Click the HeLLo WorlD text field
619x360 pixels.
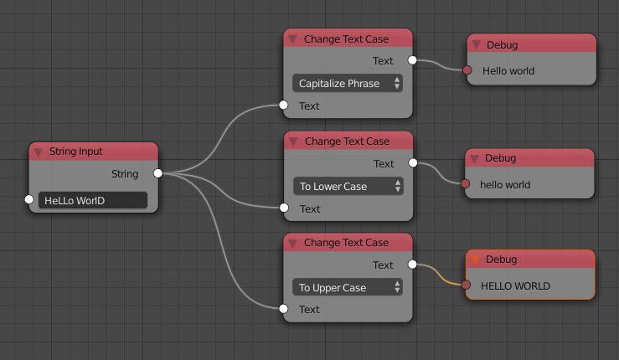click(x=93, y=200)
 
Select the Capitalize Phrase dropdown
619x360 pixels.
click(x=348, y=83)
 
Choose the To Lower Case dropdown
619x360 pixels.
click(x=348, y=186)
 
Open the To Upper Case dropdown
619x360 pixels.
click(x=348, y=287)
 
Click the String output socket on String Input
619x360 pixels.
click(x=158, y=173)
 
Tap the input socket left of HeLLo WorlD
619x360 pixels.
click(x=28, y=199)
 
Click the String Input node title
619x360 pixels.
click(x=75, y=152)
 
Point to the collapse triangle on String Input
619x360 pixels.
click(x=38, y=152)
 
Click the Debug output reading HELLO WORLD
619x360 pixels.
click(x=515, y=285)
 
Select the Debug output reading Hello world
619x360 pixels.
click(x=508, y=71)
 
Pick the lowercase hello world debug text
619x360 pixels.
click(x=505, y=184)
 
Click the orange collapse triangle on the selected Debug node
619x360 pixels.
click(x=475, y=260)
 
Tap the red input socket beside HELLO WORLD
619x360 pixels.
click(x=466, y=285)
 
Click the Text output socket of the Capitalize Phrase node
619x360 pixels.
click(x=412, y=60)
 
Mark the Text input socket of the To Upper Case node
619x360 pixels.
click(x=283, y=309)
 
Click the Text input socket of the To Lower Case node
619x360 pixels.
click(x=284, y=208)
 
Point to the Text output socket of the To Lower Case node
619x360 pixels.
click(x=413, y=162)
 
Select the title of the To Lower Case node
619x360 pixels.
click(x=347, y=141)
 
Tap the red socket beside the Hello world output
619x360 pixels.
click(x=467, y=70)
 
